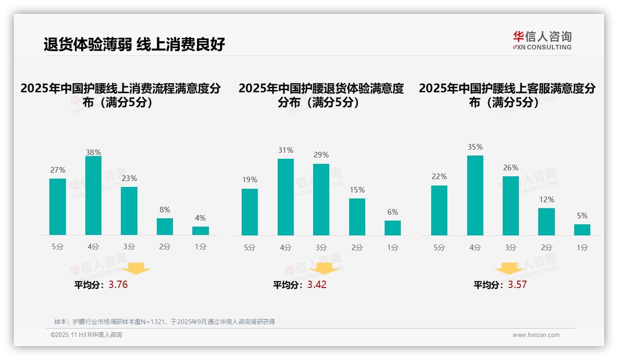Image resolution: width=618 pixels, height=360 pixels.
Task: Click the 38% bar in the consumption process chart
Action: (x=93, y=196)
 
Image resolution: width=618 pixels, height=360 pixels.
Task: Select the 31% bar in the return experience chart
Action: (x=285, y=197)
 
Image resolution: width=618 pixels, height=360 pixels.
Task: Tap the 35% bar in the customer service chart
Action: (x=475, y=196)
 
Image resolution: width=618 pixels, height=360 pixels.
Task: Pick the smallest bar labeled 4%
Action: (x=201, y=231)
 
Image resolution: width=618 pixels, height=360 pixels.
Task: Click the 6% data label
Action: (x=392, y=212)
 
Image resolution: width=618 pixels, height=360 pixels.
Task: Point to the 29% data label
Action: (x=321, y=155)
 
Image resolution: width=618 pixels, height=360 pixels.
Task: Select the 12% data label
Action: (x=547, y=200)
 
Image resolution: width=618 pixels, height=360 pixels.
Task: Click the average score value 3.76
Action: (x=118, y=285)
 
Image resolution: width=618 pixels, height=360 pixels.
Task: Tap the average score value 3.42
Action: (x=317, y=285)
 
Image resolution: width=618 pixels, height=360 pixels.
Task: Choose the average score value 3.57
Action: (x=517, y=285)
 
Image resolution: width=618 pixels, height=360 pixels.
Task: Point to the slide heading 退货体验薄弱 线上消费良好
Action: (x=134, y=45)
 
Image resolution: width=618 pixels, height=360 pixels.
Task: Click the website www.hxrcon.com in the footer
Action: (x=536, y=335)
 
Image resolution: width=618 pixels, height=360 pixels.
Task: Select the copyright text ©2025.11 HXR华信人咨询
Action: (x=86, y=335)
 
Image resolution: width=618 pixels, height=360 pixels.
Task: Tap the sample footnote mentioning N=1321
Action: (x=165, y=322)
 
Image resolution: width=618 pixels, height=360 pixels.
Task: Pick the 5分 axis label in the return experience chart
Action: (x=250, y=247)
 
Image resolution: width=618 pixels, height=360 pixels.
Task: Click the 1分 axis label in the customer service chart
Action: (x=582, y=247)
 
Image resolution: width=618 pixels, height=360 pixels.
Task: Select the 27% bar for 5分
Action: (x=58, y=207)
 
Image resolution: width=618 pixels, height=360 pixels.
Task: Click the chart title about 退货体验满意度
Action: (x=321, y=95)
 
